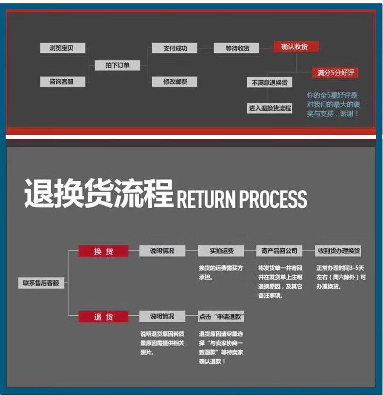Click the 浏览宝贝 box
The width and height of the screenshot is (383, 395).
(x=63, y=48)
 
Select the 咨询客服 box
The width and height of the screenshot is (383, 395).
(x=63, y=82)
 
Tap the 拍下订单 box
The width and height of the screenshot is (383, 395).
(x=117, y=65)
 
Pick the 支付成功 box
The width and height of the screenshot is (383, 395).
(x=174, y=48)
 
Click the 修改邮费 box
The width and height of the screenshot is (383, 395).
(x=174, y=82)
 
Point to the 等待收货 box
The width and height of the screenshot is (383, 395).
(x=236, y=48)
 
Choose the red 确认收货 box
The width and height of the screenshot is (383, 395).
(x=296, y=47)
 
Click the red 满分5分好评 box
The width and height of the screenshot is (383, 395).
(x=335, y=73)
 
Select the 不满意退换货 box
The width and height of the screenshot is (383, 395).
(x=269, y=82)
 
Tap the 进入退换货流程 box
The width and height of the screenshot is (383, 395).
(x=269, y=108)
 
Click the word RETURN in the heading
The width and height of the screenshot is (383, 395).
(x=206, y=199)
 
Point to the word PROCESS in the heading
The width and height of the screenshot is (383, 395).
(x=273, y=199)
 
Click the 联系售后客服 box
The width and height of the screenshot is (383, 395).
(x=41, y=283)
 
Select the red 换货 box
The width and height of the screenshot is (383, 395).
(x=103, y=251)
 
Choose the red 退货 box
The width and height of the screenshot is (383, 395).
(x=103, y=317)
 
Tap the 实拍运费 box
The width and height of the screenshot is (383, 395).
(x=221, y=251)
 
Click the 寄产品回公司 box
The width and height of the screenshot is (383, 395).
(x=279, y=251)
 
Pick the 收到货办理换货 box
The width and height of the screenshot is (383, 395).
(x=338, y=251)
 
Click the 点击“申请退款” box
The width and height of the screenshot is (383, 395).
(x=221, y=317)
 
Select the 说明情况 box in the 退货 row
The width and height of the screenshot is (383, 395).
(x=162, y=317)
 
